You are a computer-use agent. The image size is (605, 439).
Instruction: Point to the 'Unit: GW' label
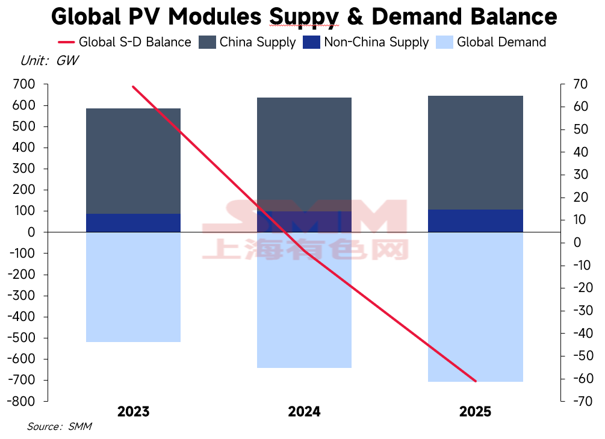pos(49,60)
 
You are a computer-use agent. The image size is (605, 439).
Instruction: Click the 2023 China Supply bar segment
pos(133,161)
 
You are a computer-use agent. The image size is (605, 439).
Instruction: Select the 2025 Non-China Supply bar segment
pos(476,221)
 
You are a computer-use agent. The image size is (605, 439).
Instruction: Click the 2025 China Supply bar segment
pos(476,152)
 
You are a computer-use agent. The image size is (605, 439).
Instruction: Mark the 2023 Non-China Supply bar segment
pos(133,223)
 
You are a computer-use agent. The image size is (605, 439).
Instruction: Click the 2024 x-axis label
pos(304,412)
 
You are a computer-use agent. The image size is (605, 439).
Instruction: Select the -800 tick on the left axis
pos(22,401)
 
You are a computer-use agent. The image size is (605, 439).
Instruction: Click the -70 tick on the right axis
pos(573,401)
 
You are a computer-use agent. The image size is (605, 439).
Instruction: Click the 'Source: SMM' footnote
pos(59,426)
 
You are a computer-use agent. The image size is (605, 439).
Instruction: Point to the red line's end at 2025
pos(476,381)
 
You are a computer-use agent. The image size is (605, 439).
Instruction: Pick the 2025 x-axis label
pos(476,412)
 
